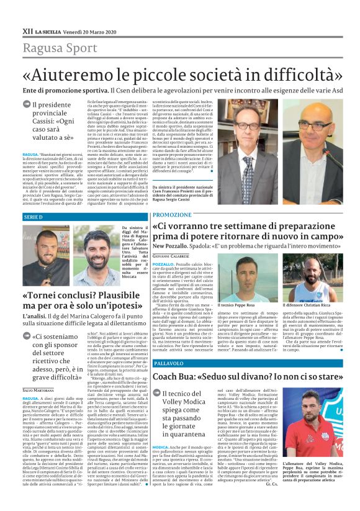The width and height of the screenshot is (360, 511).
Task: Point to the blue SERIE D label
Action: pos(33,217)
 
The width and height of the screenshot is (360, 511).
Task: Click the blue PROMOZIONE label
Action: pos(172,214)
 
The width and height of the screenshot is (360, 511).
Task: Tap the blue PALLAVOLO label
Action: pos(169,363)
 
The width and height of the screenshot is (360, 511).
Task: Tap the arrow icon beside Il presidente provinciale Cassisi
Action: pos(27,106)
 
